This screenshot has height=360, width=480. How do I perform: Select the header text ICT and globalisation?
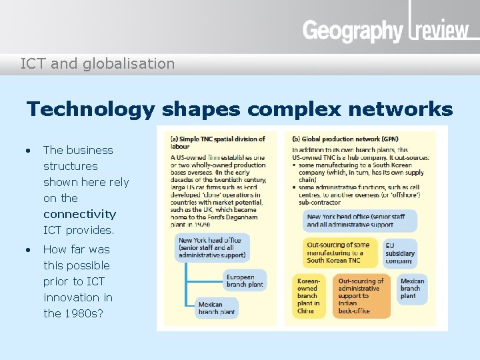tap(97, 64)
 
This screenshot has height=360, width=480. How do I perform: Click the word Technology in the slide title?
tap(90, 109)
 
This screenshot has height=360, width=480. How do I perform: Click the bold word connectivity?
tap(80, 214)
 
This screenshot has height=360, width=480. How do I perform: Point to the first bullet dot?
tap(27, 150)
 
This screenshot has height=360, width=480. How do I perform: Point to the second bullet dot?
tap(27, 249)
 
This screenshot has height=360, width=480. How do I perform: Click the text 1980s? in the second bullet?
tap(83, 313)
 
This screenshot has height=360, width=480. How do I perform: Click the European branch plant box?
tap(245, 281)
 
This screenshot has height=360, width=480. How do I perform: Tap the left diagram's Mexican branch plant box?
tap(217, 308)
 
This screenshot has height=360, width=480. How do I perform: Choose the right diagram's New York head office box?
tap(360, 221)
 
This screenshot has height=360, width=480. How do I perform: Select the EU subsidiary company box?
tap(400, 253)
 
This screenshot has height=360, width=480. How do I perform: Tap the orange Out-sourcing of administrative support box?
tap(362, 295)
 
